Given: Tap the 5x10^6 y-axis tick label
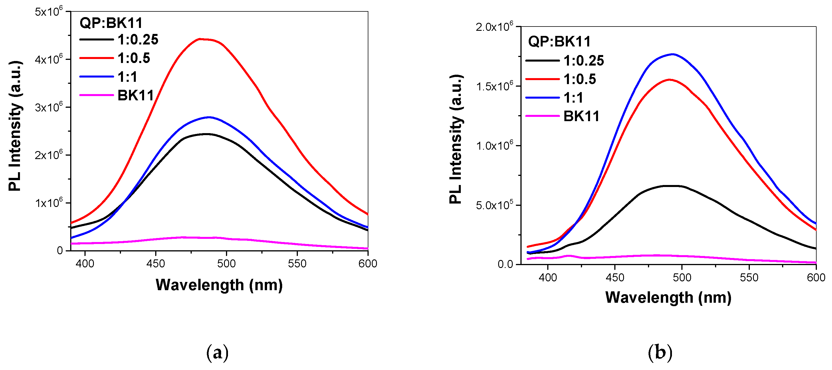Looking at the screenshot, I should pyautogui.click(x=49, y=12).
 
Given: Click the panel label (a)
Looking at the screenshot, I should pyautogui.click(x=217, y=352).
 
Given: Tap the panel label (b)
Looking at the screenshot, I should pyautogui.click(x=660, y=352).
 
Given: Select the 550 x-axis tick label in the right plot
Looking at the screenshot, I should pyautogui.click(x=749, y=278).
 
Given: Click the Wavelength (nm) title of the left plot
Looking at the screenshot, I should pyautogui.click(x=219, y=285).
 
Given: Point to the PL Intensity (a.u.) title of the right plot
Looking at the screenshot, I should pyautogui.click(x=456, y=139).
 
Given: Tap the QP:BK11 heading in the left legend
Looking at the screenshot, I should pyautogui.click(x=111, y=23).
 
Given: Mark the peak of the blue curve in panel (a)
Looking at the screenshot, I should pyautogui.click(x=209, y=117).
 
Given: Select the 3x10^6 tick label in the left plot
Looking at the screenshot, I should pyautogui.click(x=49, y=107).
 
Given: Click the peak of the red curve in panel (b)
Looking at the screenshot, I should pyautogui.click(x=669, y=79).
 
